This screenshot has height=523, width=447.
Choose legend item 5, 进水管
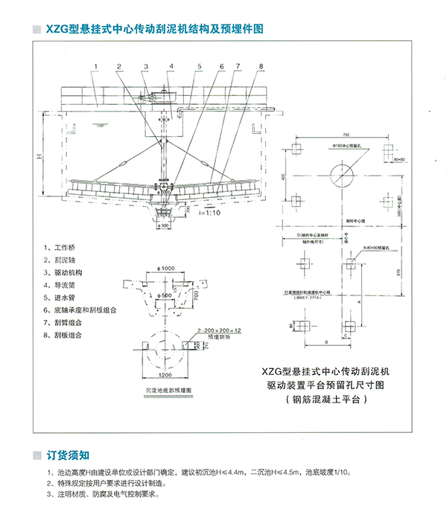click(65, 297)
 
